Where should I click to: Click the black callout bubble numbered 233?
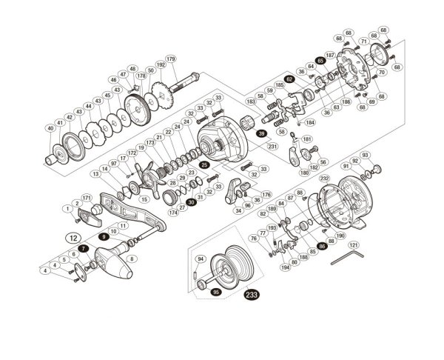251,295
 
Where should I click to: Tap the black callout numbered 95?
216,292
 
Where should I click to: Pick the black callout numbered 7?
84,250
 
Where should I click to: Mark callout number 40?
50,129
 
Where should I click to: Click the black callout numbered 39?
261,133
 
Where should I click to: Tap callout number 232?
323,179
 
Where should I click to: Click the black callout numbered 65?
320,61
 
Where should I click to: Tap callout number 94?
200,259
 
